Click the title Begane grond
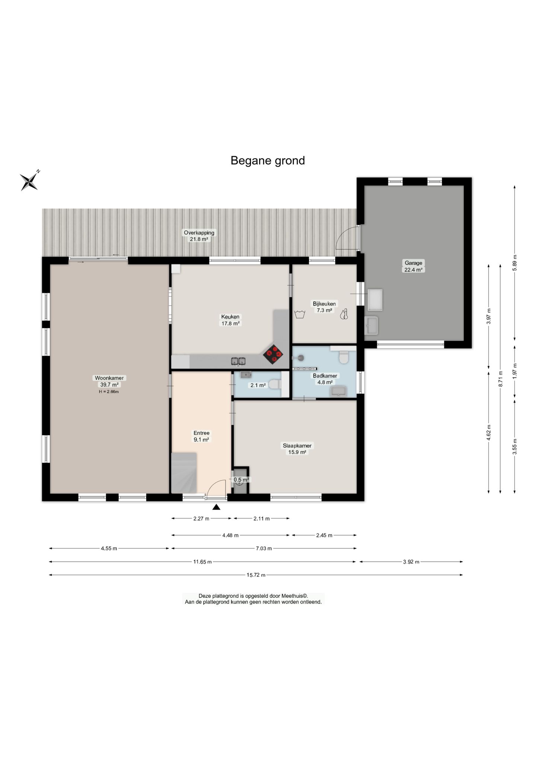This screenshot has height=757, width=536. [268, 160]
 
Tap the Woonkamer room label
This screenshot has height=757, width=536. [109, 378]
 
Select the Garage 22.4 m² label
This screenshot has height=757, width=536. [414, 266]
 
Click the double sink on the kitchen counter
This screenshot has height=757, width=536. [238, 361]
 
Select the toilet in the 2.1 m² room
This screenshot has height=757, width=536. [275, 384]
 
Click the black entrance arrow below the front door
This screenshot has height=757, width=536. [216, 507]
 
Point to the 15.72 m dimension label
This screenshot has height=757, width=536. [256, 575]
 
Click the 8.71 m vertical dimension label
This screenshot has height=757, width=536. [501, 379]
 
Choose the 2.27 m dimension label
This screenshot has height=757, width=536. [201, 519]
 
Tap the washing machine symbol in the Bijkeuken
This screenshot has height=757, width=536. [300, 314]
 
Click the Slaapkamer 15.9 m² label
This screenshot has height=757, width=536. [297, 449]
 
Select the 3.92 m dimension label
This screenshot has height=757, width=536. [411, 562]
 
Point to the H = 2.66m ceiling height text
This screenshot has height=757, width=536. [109, 392]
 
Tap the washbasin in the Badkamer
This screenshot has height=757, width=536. [338, 391]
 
